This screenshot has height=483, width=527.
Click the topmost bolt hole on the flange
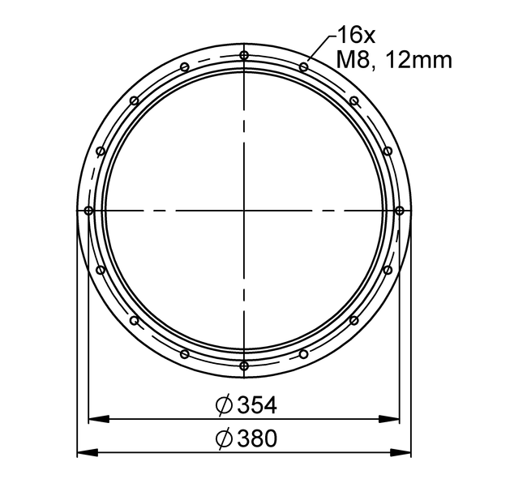coord(244,55)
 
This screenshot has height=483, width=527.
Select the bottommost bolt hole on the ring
coord(244,365)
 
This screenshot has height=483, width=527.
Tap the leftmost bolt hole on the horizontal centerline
coord(88,211)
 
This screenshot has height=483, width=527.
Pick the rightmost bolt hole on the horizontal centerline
coord(399,211)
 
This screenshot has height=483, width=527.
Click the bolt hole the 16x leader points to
coord(304,67)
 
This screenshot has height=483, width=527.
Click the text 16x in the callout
coord(356,36)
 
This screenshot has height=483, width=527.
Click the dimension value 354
coord(257,404)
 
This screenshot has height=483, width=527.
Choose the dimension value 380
coord(257,438)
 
